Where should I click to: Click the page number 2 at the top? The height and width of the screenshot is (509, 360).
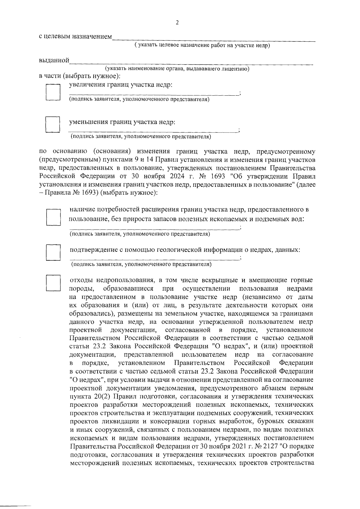pyautogui.click(x=177, y=23)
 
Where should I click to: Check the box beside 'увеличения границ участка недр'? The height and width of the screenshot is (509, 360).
pyautogui.click(x=53, y=92)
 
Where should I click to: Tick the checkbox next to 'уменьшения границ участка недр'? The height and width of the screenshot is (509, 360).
pyautogui.click(x=53, y=124)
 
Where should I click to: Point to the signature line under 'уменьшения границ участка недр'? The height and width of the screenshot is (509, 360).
pyautogui.click(x=153, y=131)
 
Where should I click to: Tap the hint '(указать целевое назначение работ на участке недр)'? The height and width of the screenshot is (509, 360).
pyautogui.click(x=202, y=46)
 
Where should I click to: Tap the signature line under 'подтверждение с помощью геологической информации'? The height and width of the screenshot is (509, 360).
pyautogui.click(x=155, y=259)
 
